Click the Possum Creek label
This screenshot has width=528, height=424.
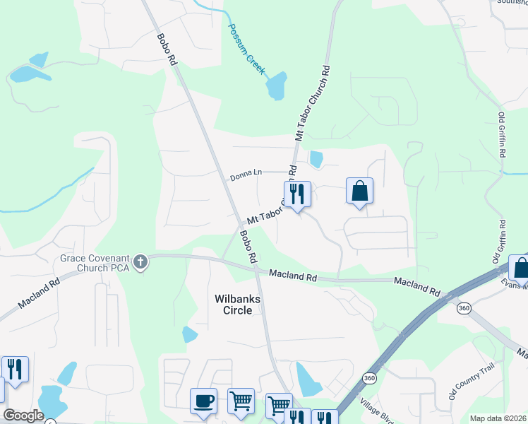(246, 49)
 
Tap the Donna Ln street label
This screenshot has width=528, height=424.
(246, 172)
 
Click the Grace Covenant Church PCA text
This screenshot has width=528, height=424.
(95, 263)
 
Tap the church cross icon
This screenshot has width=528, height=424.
(140, 263)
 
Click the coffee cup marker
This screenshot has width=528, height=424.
(204, 401)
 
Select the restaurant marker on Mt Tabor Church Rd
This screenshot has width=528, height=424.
(297, 194)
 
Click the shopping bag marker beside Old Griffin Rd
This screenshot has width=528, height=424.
(521, 269)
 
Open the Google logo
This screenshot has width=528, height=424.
(23, 416)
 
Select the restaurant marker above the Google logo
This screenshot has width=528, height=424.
(15, 369)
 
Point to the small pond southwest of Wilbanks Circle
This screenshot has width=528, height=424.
(190, 334)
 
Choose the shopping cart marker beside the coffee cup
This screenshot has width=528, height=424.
(241, 401)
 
